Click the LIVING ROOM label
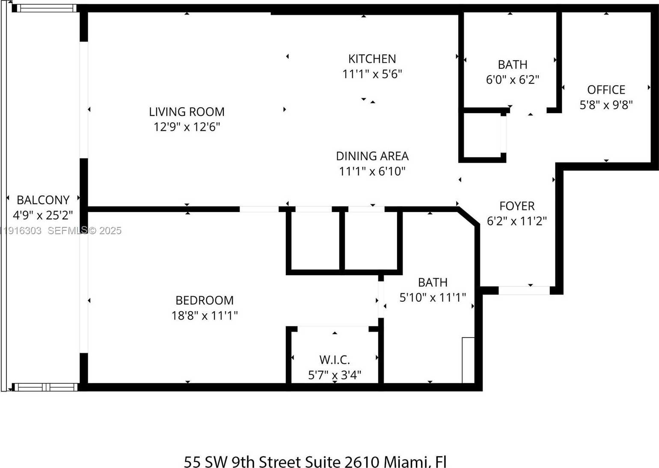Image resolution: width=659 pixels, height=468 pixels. [187, 112]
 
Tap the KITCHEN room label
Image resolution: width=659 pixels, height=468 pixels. [372, 59]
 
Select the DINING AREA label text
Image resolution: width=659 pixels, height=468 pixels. [372, 156]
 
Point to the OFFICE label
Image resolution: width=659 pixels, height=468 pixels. [606, 90]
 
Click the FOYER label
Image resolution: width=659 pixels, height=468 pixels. [517, 206]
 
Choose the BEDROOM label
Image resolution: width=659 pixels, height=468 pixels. [205, 300]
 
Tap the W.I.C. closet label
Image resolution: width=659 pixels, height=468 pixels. [334, 360]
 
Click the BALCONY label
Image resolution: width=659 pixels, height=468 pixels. [43, 200]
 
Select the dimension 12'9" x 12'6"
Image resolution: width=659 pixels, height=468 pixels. [187, 127]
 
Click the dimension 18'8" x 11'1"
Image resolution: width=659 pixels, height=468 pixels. [205, 316]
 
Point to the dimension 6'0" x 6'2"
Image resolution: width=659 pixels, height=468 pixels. [512, 80]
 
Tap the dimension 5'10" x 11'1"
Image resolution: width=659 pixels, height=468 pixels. [432, 297]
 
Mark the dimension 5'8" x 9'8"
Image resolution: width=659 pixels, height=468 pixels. [606, 105]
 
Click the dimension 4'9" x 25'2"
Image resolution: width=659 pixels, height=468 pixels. [43, 215]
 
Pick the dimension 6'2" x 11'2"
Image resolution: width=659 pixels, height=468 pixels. [517, 221]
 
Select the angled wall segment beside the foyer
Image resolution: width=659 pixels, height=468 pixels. [468, 217]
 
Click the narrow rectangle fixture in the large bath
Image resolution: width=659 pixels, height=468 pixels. [468, 360]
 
